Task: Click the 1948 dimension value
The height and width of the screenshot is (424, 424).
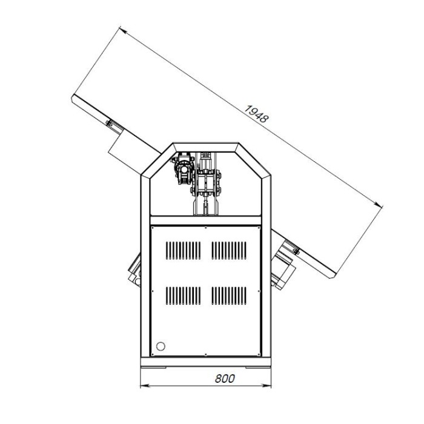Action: [x=256, y=114]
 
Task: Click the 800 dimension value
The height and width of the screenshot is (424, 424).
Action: [x=225, y=379]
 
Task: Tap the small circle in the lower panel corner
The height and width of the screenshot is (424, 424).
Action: [x=161, y=346]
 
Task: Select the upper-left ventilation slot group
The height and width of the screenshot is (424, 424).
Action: [x=183, y=250]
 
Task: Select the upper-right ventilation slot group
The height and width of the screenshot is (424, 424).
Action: [x=229, y=250]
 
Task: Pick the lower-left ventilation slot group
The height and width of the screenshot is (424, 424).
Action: [x=183, y=296]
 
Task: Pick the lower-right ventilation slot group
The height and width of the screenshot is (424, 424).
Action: [x=229, y=296]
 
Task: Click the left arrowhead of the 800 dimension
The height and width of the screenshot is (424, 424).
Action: [x=145, y=385]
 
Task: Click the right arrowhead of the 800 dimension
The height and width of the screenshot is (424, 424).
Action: [x=267, y=385]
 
